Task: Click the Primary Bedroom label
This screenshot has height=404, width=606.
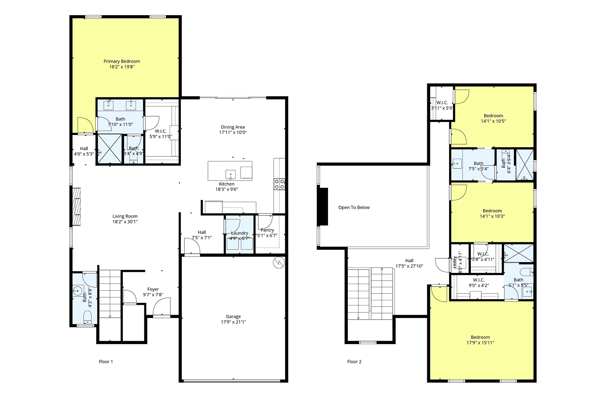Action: (x=122, y=61)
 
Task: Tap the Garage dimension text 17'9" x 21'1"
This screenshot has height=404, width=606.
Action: (x=233, y=322)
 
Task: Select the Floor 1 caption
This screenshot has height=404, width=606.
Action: (x=106, y=362)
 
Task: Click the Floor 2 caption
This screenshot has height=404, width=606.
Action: (x=354, y=362)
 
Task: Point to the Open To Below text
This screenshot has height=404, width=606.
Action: (x=354, y=207)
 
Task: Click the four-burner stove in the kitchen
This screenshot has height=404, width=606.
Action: (x=279, y=184)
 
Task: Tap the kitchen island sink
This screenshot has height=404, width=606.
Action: (x=231, y=175)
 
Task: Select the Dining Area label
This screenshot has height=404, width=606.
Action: (x=233, y=127)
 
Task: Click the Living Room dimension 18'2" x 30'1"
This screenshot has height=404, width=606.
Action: (x=125, y=222)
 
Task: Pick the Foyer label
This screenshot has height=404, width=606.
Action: (x=153, y=289)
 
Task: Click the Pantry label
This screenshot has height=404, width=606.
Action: (x=267, y=230)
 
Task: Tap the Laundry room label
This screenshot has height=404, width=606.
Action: (x=239, y=233)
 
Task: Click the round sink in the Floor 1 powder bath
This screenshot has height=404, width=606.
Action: (x=78, y=291)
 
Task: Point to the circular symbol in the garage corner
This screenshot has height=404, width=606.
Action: (x=279, y=262)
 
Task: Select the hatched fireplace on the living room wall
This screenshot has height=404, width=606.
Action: (x=77, y=207)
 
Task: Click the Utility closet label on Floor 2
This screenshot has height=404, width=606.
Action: (x=455, y=262)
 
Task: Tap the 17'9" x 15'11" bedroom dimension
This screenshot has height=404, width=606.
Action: (x=480, y=343)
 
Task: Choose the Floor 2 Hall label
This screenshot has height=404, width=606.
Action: (x=409, y=260)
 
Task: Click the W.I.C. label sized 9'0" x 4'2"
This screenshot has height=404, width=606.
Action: (x=479, y=280)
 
